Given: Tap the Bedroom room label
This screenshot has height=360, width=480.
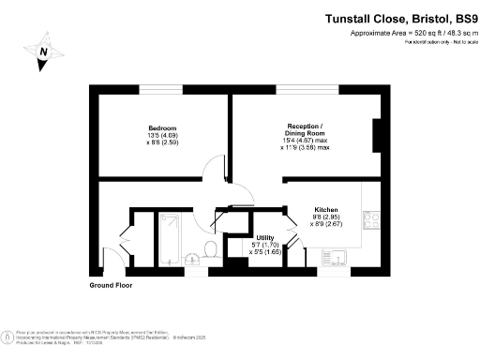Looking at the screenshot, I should tap(157, 127).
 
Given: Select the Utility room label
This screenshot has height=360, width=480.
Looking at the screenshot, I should tap(265, 238).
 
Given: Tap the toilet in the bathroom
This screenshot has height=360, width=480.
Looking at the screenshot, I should tap(212, 248).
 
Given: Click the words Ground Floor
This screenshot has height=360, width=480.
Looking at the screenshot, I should tap(111, 284).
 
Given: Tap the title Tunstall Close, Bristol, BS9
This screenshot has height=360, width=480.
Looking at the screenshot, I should tap(400, 18).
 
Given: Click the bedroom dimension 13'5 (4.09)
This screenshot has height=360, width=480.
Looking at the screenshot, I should tap(157, 136).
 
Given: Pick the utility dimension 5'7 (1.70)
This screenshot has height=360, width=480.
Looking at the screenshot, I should tap(265, 246).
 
